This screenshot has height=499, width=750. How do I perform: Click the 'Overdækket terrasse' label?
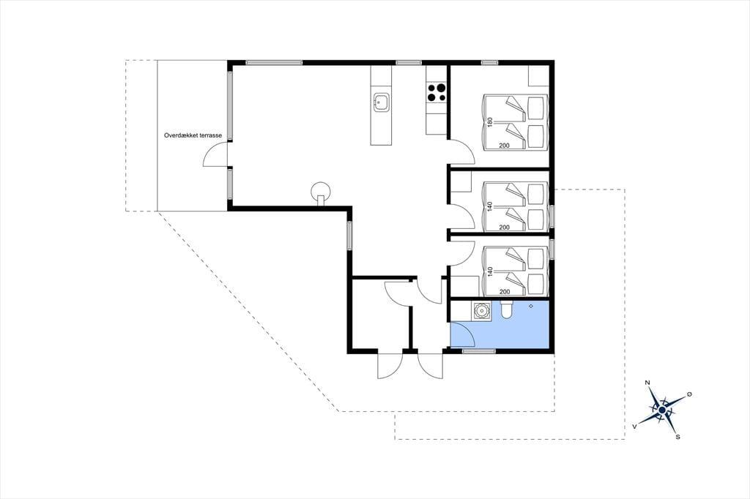click(193, 136)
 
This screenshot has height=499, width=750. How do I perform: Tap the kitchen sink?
click(381, 102)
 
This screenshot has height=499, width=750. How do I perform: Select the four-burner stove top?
click(437, 93)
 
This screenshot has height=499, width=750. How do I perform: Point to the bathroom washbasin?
click(480, 311)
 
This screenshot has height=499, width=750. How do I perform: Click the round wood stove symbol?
click(321, 192)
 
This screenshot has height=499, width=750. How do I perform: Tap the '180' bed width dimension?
click(489, 122)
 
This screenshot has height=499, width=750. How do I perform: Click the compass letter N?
click(647, 383)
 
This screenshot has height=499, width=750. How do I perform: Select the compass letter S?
click(677, 436)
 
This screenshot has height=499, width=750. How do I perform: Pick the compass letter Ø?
click(689, 394)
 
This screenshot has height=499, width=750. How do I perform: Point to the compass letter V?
click(635, 425)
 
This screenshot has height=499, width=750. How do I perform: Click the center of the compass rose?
click(662, 410)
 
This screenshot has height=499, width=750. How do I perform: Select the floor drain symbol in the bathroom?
click(531, 306)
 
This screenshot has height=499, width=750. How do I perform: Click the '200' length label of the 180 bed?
click(504, 146)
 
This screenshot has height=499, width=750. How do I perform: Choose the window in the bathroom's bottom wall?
click(478, 351)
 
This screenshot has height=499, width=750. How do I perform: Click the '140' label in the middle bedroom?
click(489, 207)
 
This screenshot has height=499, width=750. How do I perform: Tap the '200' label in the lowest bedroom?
click(504, 291)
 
